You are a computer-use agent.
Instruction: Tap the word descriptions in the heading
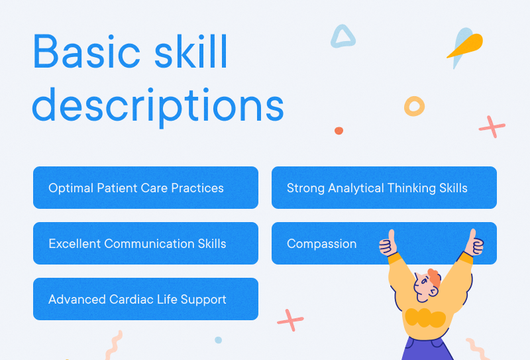158,105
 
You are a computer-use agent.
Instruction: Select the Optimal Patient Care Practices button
145,188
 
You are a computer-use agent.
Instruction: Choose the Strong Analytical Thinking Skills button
384,188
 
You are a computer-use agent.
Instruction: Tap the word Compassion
321,243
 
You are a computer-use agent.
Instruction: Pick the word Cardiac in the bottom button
134,299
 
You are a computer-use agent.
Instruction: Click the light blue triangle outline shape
343,36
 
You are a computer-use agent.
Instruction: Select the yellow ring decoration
414,105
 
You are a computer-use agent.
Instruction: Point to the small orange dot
339,131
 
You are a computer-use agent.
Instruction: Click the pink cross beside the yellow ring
492,126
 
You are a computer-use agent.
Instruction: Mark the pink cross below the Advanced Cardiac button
290,320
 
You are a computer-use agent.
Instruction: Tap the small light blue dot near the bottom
218,340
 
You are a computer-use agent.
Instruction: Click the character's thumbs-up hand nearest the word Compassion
388,244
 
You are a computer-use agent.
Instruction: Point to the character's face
423,286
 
